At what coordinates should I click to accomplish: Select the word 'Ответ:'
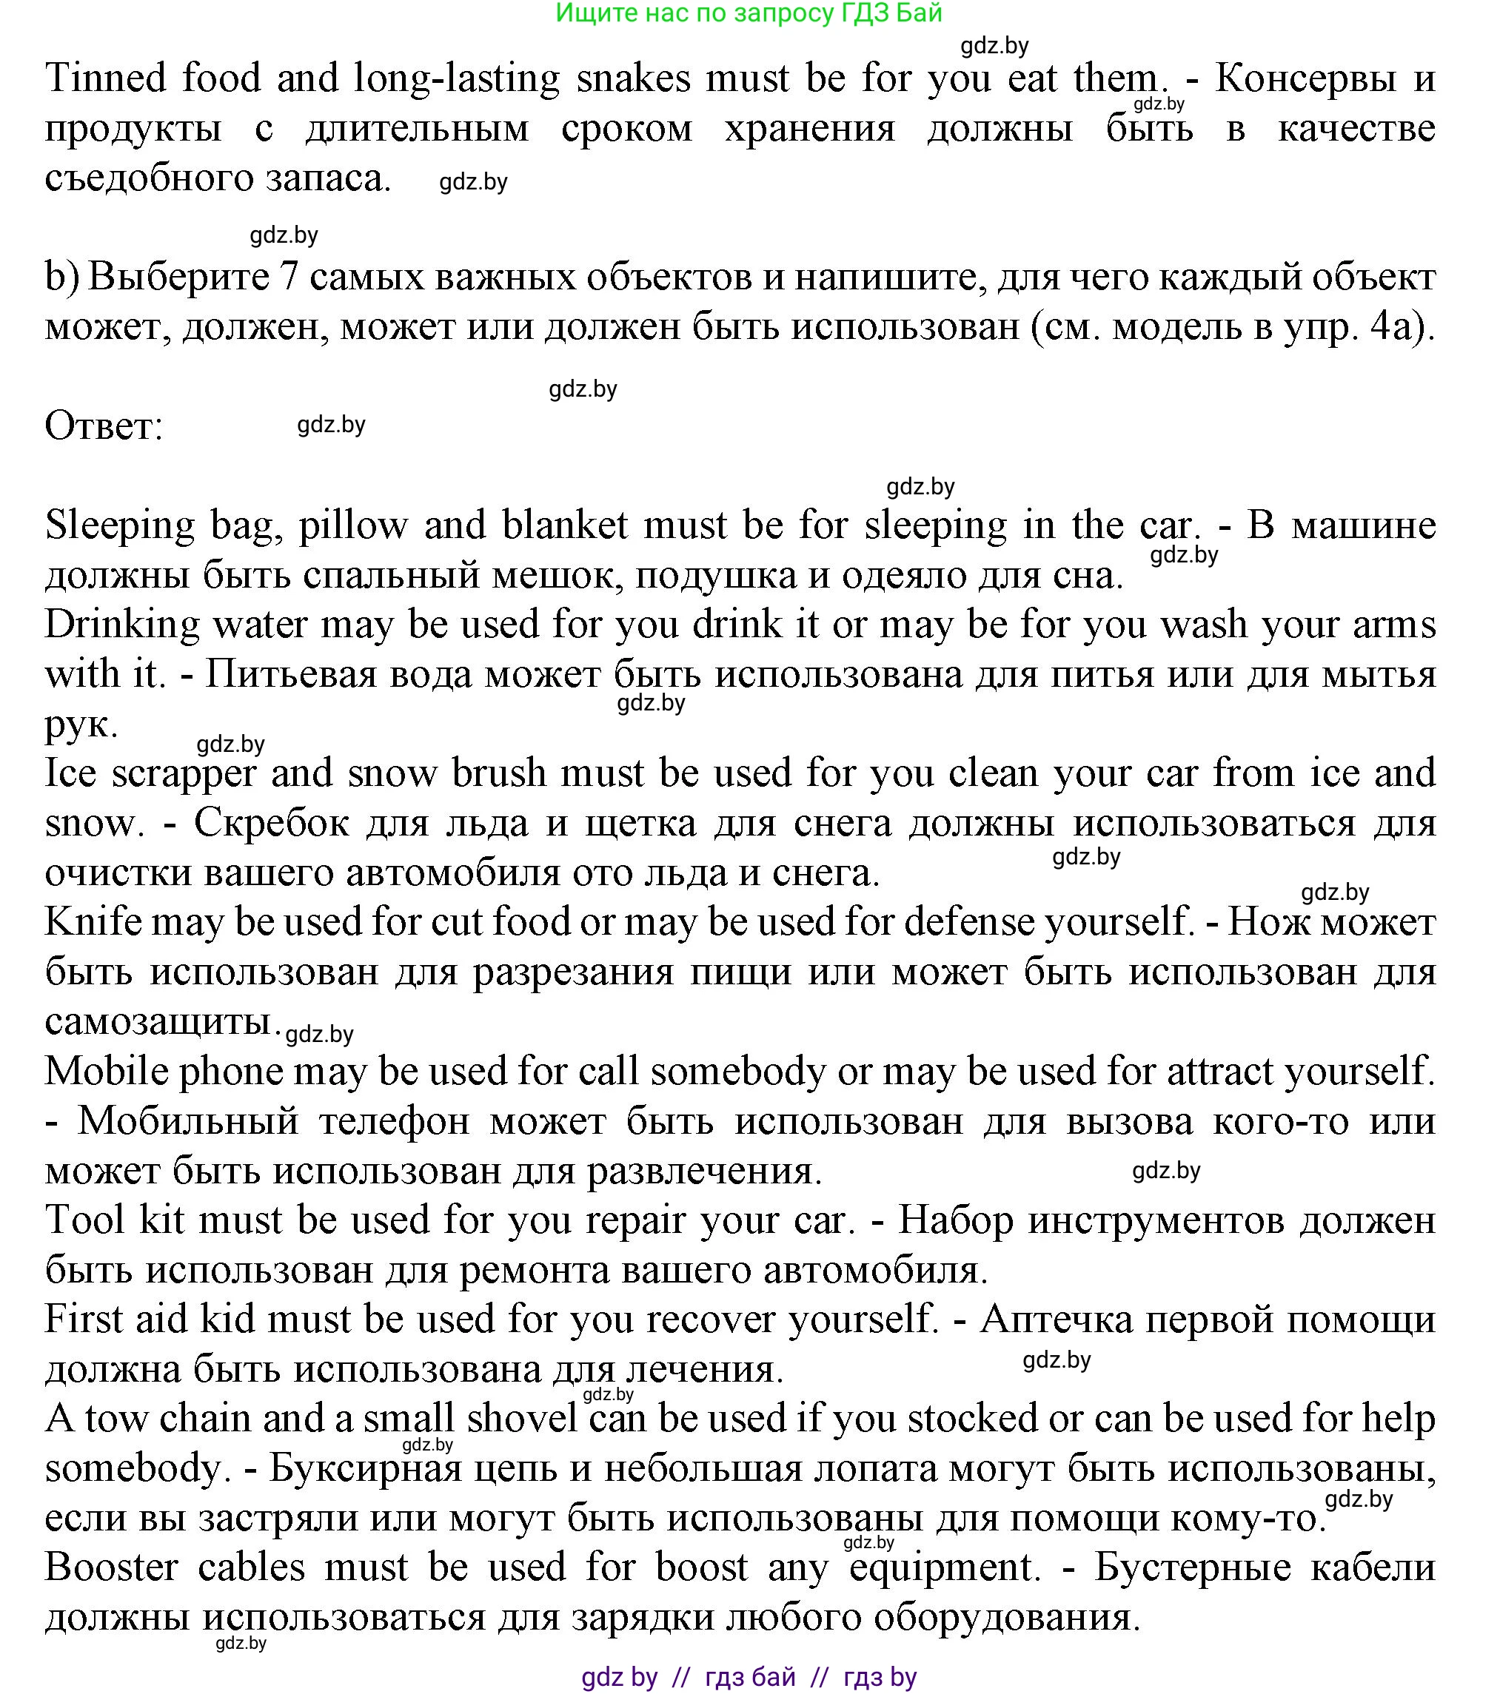click(104, 427)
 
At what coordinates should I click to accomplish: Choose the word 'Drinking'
click(122, 625)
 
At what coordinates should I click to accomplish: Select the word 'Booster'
click(111, 1568)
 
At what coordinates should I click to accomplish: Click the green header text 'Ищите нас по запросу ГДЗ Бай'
click(749, 13)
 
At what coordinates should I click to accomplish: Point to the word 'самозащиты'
click(158, 1022)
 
